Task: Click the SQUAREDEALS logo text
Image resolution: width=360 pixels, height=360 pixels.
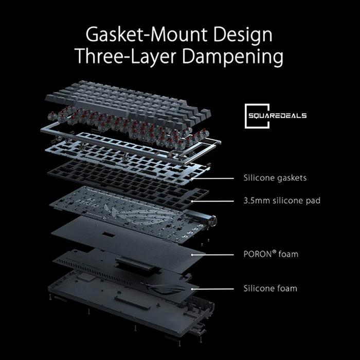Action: click(281, 116)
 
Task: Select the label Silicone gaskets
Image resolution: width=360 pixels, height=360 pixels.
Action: click(275, 178)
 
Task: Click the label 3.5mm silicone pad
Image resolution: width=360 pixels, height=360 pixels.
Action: click(282, 200)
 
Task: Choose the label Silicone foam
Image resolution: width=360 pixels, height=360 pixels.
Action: click(270, 289)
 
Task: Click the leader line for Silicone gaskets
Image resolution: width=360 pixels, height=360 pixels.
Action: click(213, 178)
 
